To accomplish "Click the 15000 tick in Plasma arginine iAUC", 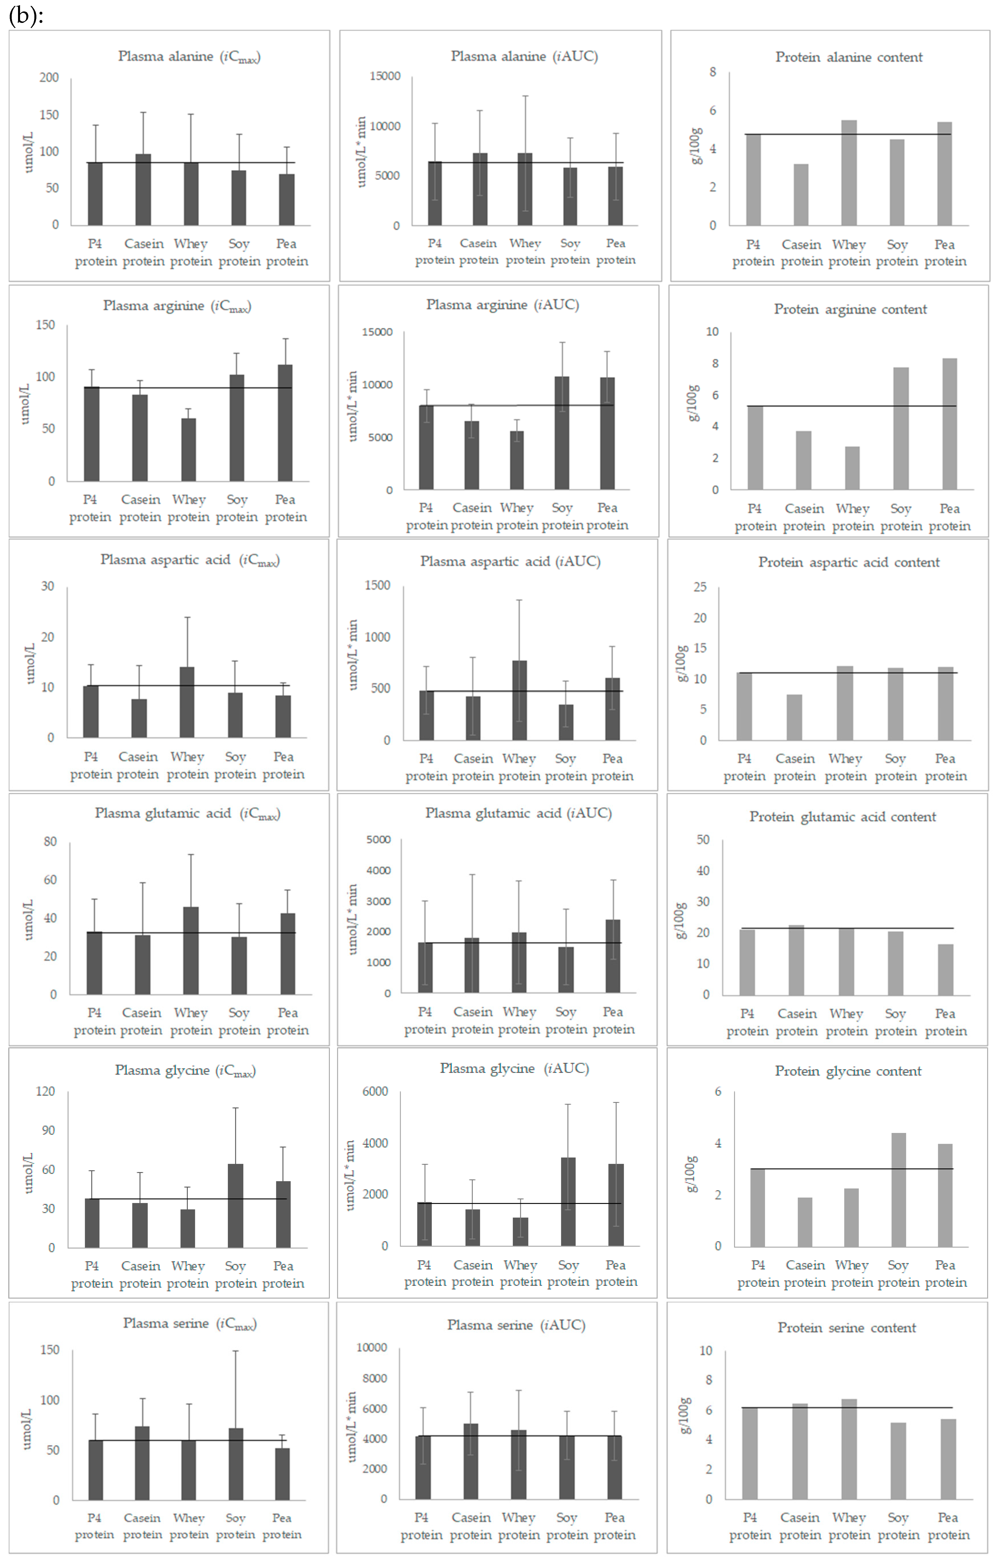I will (x=377, y=332).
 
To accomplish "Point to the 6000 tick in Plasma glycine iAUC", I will (x=375, y=1092).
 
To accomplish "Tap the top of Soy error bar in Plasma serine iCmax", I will (x=236, y=1351).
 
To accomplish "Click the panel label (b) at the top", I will (x=26, y=15).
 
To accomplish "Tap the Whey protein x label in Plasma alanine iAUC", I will (x=525, y=252).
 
